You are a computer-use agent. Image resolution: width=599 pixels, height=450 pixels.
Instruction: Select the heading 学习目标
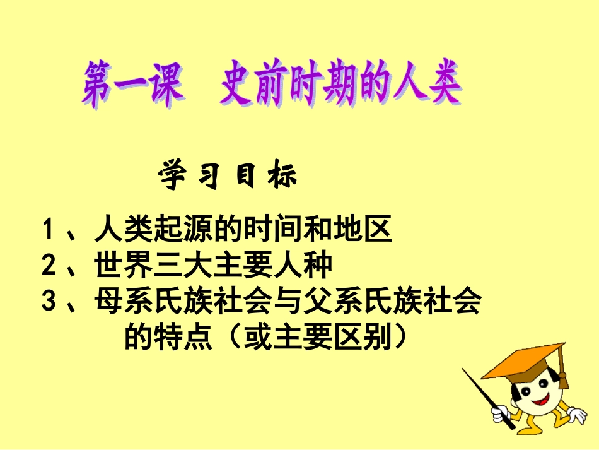click(228, 177)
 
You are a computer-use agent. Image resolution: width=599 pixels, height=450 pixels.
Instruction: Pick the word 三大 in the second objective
click(183, 266)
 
